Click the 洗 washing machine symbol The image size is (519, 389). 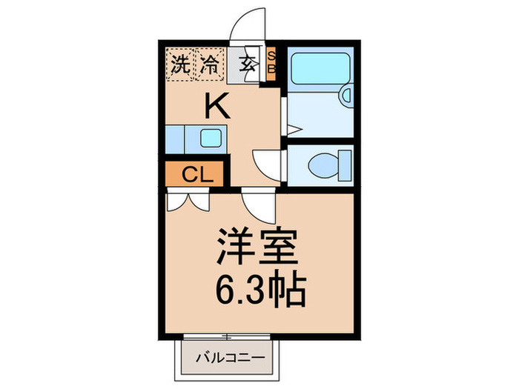click(179, 64)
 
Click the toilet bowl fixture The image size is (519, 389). click(323, 162)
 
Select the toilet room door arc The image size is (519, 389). click(265, 161)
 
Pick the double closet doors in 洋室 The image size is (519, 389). click(188, 200)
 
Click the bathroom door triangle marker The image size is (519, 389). click(292, 130)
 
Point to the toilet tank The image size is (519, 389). click(344, 162)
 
